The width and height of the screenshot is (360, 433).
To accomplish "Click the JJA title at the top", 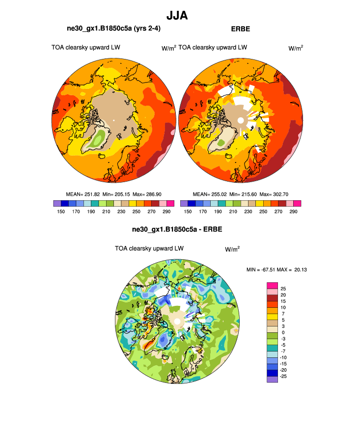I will click(x=177, y=16).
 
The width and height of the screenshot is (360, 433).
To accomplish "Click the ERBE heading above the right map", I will click(x=240, y=29).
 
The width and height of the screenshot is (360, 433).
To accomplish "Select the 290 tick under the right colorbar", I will click(x=293, y=211).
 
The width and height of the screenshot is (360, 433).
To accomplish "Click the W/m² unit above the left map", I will click(x=169, y=48).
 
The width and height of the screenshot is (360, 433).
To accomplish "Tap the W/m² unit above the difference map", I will click(x=232, y=249).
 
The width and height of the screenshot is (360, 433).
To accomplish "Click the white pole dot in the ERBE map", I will click(x=241, y=120).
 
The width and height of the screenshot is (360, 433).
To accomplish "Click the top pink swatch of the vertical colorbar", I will click(x=273, y=286).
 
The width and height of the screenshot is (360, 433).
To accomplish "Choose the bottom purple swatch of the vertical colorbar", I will click(x=273, y=379).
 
